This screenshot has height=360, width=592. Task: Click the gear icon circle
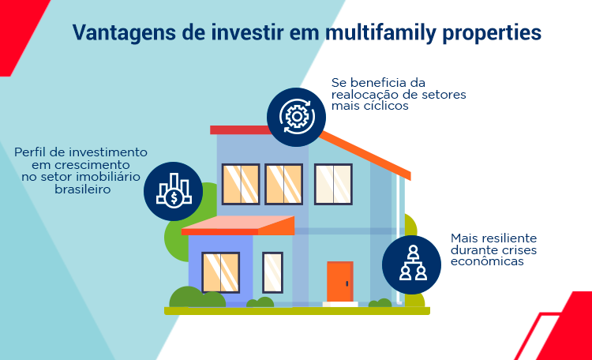click(296, 117)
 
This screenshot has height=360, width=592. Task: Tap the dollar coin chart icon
click(174, 191)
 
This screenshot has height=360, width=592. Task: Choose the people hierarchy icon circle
click(411, 264)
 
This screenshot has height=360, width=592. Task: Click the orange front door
click(340, 281)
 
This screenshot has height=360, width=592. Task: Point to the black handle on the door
click(347, 283)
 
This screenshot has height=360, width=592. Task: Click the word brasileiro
click(83, 189)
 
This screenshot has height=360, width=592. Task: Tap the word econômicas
click(487, 261)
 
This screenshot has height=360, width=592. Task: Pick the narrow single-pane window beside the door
click(272, 272)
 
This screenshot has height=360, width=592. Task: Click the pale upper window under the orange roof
click(333, 184)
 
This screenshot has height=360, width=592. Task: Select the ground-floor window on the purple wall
click(221, 272)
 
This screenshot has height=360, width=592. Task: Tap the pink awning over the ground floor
click(238, 226)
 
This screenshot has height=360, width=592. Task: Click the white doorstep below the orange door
click(340, 304)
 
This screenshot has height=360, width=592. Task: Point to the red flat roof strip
click(241, 130)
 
